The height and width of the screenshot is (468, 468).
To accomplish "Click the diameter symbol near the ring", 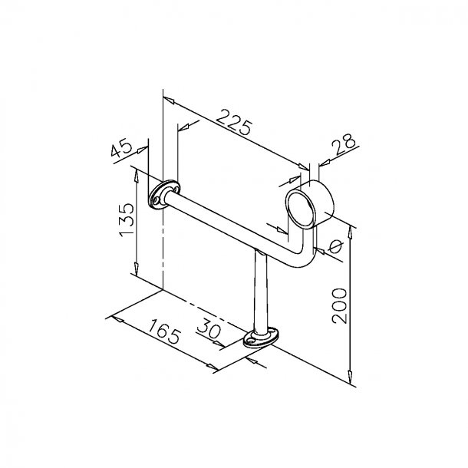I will (335, 247).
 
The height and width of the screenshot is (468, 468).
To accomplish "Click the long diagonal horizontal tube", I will (230, 230).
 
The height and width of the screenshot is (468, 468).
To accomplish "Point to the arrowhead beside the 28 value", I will (321, 162).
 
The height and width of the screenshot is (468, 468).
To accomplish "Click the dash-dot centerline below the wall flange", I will (163, 253).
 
